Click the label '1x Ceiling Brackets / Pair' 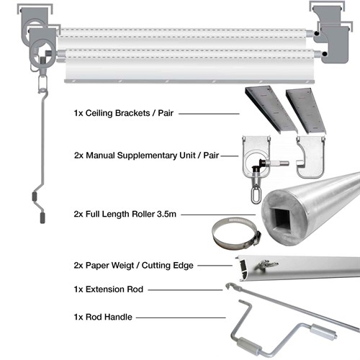(x=125, y=114)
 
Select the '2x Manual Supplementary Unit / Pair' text (x=146, y=155)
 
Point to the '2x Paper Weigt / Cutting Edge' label (x=135, y=266)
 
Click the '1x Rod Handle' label (x=106, y=316)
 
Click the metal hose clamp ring (x=230, y=235)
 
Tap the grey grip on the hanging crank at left (x=37, y=197)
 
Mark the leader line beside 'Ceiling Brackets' (x=210, y=114)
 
